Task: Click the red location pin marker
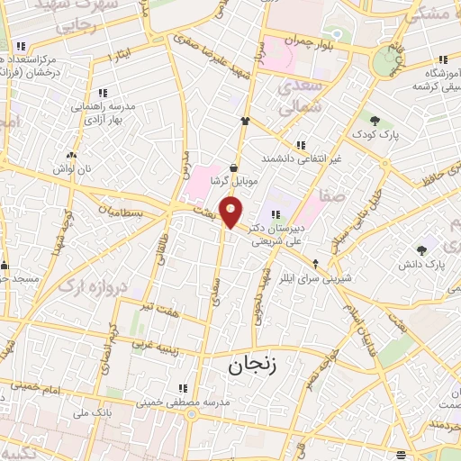click(231, 212)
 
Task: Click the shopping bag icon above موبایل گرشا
click(235, 167)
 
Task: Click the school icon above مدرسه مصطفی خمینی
click(183, 389)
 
